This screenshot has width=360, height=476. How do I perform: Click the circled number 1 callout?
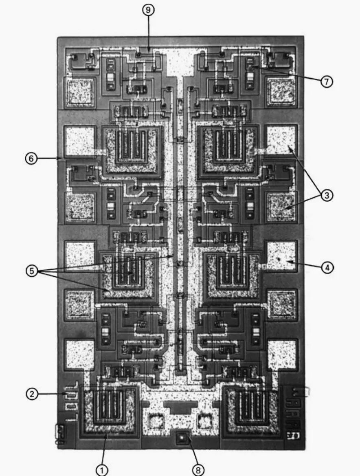coord(102,470)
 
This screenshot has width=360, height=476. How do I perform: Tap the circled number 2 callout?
coord(33,394)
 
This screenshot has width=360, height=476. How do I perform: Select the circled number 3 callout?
coord(326,195)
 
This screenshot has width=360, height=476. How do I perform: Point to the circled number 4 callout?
coord(327,267)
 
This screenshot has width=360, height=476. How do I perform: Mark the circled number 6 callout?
coord(31,158)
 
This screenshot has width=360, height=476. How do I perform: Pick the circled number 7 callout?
coord(326,82)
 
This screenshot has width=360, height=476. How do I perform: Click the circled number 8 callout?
coord(198,470)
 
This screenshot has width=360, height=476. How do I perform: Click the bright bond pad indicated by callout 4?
coord(281,256)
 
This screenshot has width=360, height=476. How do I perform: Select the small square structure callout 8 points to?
coord(182,439)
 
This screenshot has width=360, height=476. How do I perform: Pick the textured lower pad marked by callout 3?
coord(281,207)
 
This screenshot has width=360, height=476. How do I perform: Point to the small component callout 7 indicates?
coord(250,65)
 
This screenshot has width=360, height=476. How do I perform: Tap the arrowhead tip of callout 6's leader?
coord(62,158)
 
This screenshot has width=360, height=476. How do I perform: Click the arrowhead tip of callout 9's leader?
coord(148,51)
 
